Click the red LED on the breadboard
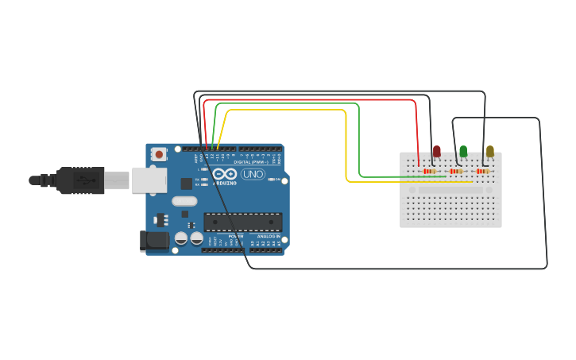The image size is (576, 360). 436,151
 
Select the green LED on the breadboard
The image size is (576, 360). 463,151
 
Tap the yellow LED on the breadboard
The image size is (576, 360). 489,151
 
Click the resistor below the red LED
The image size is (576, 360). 430,171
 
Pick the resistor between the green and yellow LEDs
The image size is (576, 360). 456,171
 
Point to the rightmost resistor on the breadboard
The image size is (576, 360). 482,171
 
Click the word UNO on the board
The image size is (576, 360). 253,174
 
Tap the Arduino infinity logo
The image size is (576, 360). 225,174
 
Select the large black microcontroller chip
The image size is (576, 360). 242,222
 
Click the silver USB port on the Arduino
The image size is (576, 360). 149,180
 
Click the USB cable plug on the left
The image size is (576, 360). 79,180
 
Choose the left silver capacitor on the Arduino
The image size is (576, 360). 181,238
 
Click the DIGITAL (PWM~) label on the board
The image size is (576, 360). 249,162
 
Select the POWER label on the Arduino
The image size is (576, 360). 235,236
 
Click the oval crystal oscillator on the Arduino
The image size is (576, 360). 184,201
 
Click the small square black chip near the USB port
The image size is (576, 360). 186,184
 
